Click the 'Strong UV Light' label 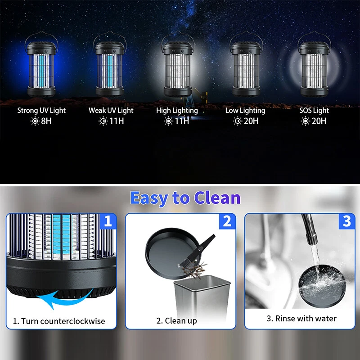[x=41, y=110]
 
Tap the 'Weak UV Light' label [x=111, y=110]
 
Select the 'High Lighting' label [x=177, y=110]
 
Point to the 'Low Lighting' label [x=245, y=110]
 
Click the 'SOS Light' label [x=314, y=110]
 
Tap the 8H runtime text [x=46, y=121]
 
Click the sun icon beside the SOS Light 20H [x=306, y=121]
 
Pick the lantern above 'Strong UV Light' [x=41, y=64]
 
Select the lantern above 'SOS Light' [x=314, y=64]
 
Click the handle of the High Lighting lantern [x=178, y=32]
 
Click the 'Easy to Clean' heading [x=185, y=198]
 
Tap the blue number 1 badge [x=108, y=221]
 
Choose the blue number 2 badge [x=227, y=221]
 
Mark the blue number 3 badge [x=346, y=221]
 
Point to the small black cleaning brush [x=198, y=250]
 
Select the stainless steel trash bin [x=202, y=298]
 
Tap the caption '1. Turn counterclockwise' [x=59, y=321]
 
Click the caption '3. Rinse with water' [x=301, y=319]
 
